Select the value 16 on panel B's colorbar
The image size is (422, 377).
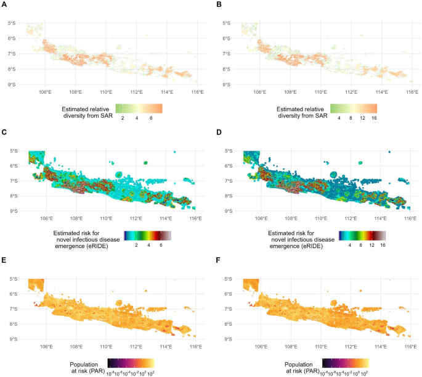pos(373,117)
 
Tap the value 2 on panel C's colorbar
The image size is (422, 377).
pos(136,244)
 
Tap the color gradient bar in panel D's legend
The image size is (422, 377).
pos(358,235)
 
